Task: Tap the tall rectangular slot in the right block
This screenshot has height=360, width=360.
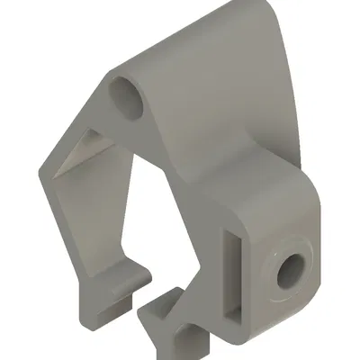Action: tap(232, 274)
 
